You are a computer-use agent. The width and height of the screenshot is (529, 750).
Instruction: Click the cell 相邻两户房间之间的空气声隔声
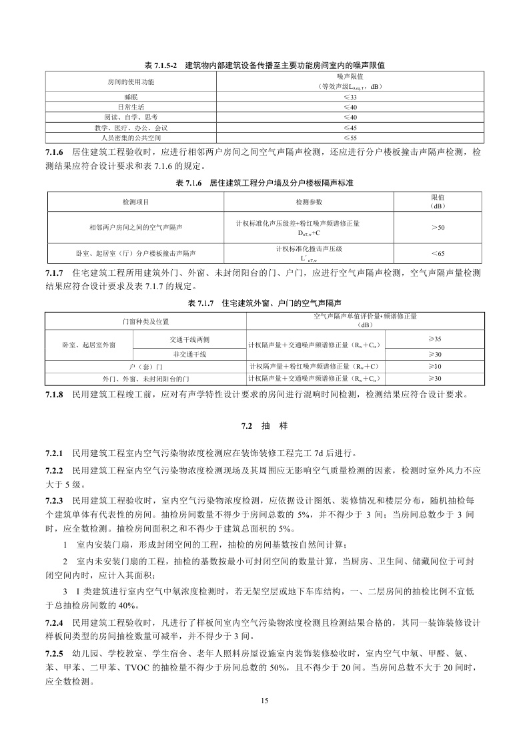tap(136, 228)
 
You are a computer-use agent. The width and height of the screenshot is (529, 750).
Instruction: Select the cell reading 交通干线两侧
tap(190, 339)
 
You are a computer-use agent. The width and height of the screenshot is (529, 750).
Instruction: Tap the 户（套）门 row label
tap(145, 366)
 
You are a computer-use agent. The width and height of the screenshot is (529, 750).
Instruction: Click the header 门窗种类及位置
tap(145, 321)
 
